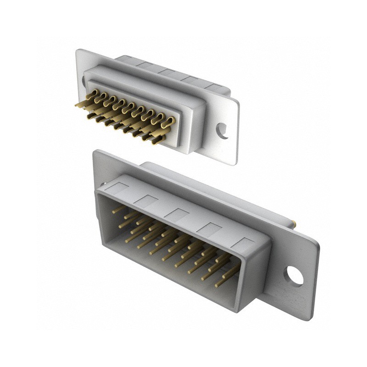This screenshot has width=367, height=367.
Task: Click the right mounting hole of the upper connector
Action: pyautogui.click(x=223, y=131)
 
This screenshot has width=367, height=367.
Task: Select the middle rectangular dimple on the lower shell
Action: pyautogui.click(x=178, y=214)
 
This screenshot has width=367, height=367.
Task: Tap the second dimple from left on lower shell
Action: pyautogui.click(x=148, y=201)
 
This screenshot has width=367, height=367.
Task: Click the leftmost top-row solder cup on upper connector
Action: pyautogui.click(x=92, y=95)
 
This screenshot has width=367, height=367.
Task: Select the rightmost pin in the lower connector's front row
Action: pyautogui.click(x=225, y=280)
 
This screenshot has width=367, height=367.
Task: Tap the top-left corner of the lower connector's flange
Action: pyautogui.click(x=95, y=151)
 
